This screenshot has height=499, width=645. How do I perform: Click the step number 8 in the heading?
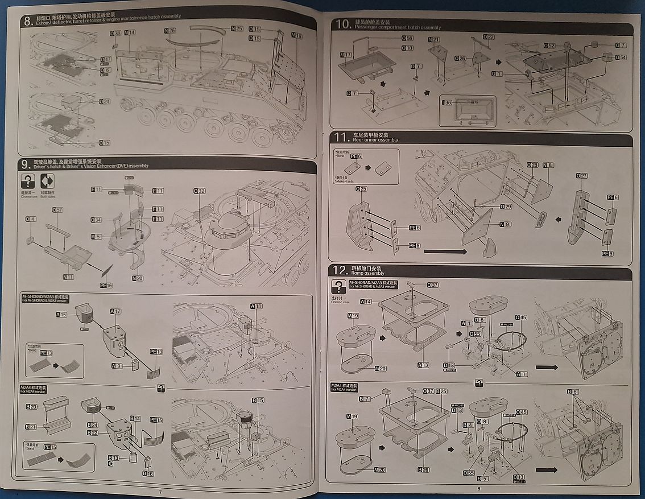(27, 21)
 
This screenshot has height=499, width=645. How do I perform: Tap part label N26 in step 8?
(169, 30)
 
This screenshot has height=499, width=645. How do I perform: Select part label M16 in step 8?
(297, 36)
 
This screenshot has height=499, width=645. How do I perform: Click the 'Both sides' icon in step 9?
(46, 182)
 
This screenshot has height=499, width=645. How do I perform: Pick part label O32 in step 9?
(199, 191)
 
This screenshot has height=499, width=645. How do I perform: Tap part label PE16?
(106, 285)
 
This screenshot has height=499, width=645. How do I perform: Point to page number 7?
(160, 492)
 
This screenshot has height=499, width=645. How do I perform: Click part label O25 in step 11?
(361, 188)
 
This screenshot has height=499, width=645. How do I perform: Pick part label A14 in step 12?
(366, 301)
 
